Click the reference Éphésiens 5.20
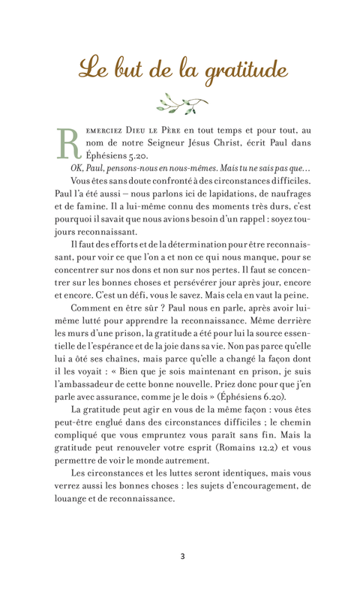[x=115, y=158]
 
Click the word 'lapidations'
[x=220, y=200]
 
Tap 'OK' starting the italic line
[x=79, y=172]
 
